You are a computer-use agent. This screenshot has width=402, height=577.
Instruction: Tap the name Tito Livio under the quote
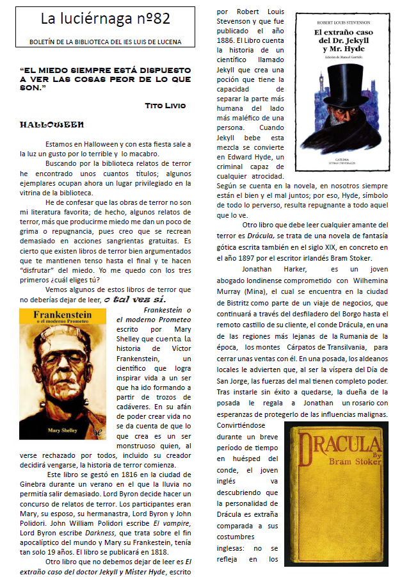click(x=165, y=104)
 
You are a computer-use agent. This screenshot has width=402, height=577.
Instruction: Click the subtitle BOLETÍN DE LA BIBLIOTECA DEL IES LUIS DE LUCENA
click(x=106, y=42)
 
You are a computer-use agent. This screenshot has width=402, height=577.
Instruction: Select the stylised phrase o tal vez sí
click(x=135, y=299)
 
